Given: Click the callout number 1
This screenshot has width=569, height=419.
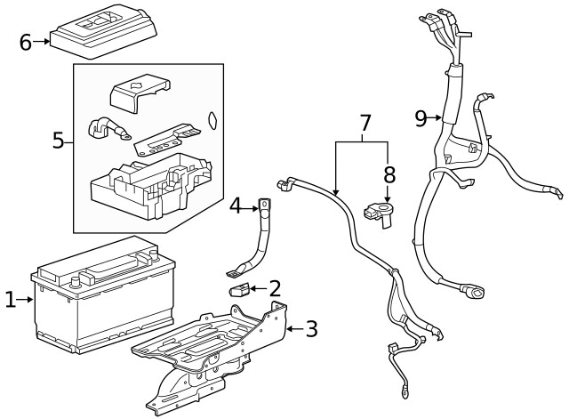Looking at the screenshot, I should pyautogui.click(x=10, y=301).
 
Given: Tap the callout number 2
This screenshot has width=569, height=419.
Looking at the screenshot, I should pyautogui.click(x=275, y=287).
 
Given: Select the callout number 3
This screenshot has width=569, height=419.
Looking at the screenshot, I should pyautogui.click(x=311, y=328).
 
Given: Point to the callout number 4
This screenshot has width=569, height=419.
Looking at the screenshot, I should pyautogui.click(x=236, y=206).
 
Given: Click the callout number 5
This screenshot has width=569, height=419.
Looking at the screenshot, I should pyautogui.click(x=58, y=140).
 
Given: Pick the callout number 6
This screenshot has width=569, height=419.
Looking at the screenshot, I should pyautogui.click(x=25, y=41).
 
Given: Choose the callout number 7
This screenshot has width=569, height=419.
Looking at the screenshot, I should pyautogui.click(x=363, y=124).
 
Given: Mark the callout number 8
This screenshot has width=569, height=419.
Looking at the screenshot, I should pyautogui.click(x=388, y=174).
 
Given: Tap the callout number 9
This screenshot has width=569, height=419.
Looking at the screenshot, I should pyautogui.click(x=421, y=117).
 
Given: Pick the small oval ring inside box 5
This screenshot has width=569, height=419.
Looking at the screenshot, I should pyautogui.click(x=211, y=120).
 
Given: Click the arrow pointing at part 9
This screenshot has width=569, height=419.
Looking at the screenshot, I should pyautogui.click(x=437, y=117).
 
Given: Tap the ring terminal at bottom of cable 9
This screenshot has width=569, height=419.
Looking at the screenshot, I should pyautogui.click(x=477, y=290).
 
